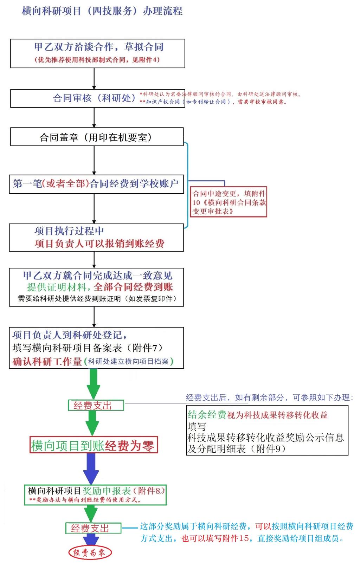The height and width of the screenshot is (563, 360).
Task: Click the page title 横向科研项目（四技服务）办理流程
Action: (x=102, y=11)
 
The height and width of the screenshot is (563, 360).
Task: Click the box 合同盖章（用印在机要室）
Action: (x=96, y=137)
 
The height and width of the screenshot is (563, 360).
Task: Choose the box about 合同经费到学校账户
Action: (x=96, y=183)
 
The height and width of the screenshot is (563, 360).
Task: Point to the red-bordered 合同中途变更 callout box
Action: (x=229, y=202)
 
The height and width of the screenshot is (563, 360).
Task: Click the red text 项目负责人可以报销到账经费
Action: (x=99, y=244)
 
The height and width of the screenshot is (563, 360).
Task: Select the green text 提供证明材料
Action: (x=57, y=287)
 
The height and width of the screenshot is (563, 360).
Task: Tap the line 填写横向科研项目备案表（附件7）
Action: (x=88, y=348)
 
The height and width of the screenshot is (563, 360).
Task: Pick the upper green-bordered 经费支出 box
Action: (x=96, y=406)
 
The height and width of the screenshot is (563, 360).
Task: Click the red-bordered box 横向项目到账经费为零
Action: (x=94, y=446)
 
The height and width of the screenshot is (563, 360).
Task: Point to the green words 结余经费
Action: (x=207, y=415)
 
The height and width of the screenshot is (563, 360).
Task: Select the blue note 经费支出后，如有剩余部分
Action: (x=269, y=397)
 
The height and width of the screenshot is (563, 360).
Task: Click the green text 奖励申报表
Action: (x=106, y=491)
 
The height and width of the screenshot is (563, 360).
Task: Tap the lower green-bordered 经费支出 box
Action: (x=93, y=528)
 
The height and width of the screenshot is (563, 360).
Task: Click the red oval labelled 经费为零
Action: (x=90, y=553)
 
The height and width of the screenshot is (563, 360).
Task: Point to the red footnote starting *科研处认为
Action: (x=220, y=94)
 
